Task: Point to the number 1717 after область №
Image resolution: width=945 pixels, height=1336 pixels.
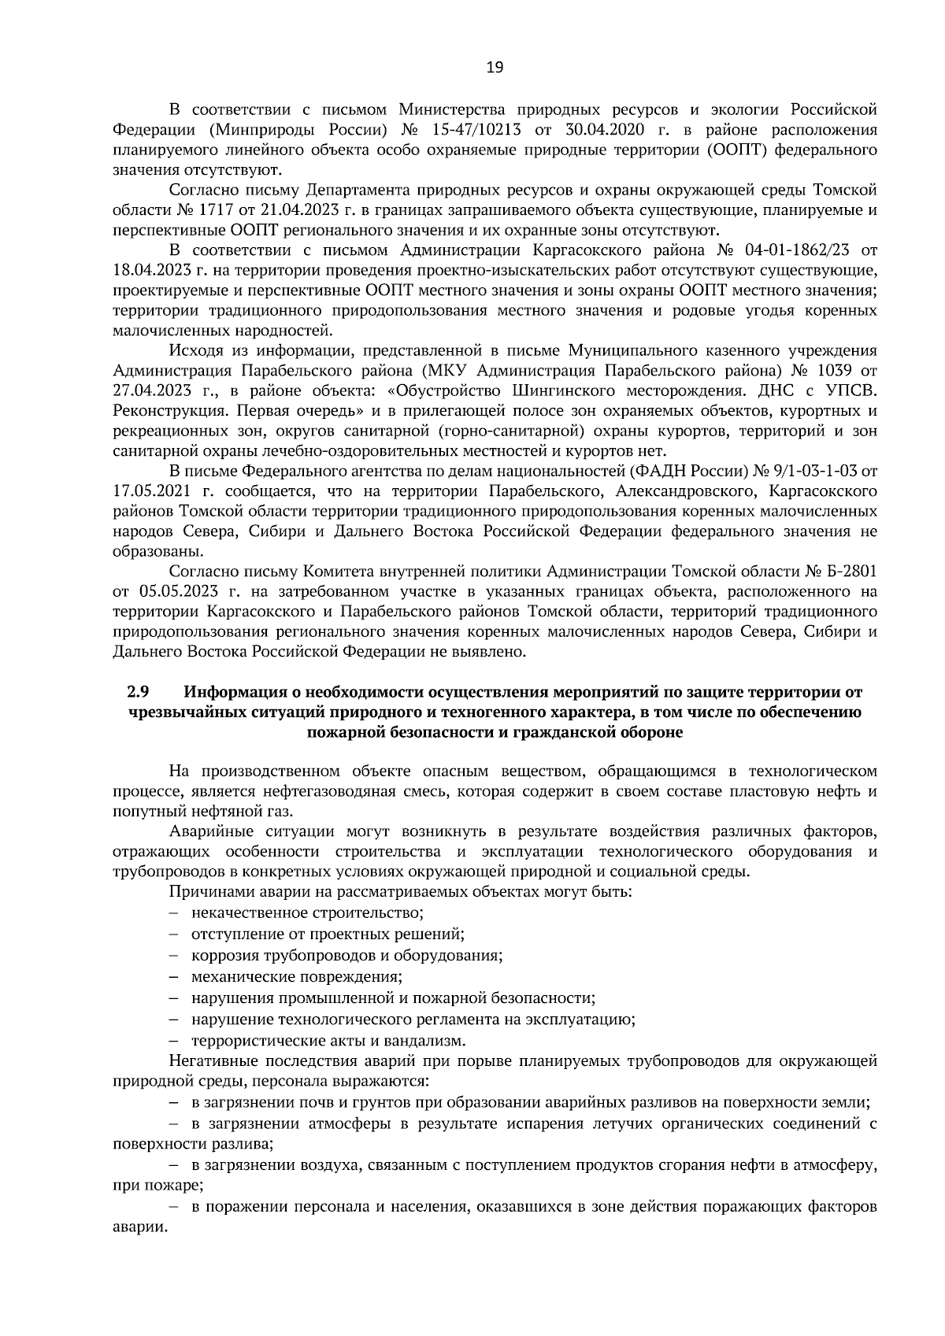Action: [x=207, y=210]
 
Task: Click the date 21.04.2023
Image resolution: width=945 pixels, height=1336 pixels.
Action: [x=286, y=210]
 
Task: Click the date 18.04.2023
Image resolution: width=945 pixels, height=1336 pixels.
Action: [x=150, y=272]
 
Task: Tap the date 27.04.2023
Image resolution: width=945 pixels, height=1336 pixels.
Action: [x=150, y=391]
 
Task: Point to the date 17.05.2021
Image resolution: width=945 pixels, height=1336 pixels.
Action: [x=150, y=492]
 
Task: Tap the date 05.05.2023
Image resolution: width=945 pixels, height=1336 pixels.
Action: [x=174, y=592]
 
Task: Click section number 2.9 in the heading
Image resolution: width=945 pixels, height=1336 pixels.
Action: [x=138, y=693]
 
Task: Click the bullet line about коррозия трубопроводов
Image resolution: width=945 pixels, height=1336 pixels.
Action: [x=346, y=956]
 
